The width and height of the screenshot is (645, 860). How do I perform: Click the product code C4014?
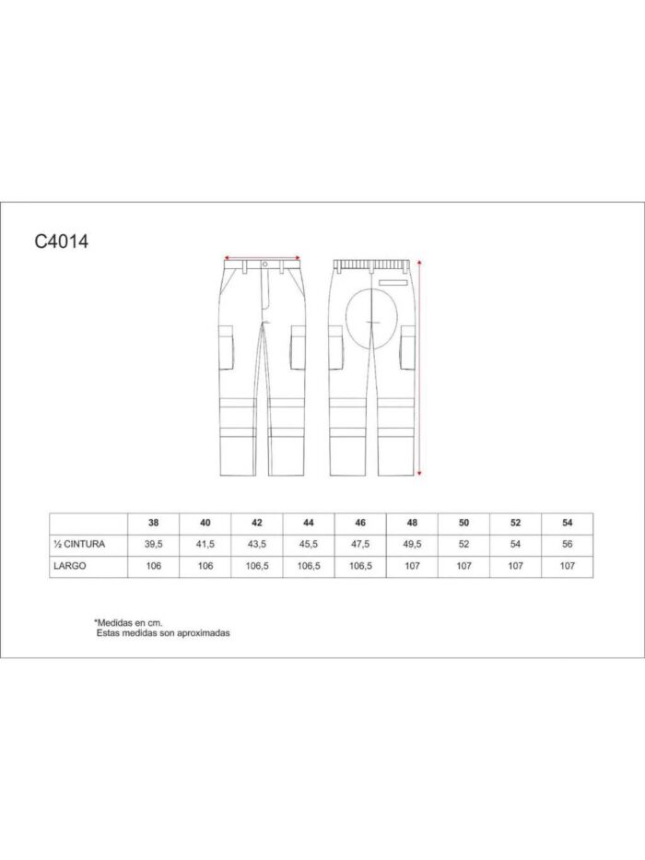coord(62,242)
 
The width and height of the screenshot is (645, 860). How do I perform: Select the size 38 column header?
coord(154,523)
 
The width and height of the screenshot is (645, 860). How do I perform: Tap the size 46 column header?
coord(360,523)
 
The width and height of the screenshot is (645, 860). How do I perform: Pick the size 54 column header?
coord(567,523)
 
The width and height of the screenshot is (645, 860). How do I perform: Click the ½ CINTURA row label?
coord(79,544)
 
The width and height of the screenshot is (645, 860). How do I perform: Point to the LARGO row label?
coord(70,565)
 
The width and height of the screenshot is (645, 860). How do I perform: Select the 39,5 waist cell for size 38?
coord(154,544)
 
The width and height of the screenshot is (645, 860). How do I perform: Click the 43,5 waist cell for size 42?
coord(257,544)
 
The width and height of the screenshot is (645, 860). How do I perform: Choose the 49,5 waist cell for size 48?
coord(412,544)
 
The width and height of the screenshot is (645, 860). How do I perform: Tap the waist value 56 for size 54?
coord(567,544)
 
